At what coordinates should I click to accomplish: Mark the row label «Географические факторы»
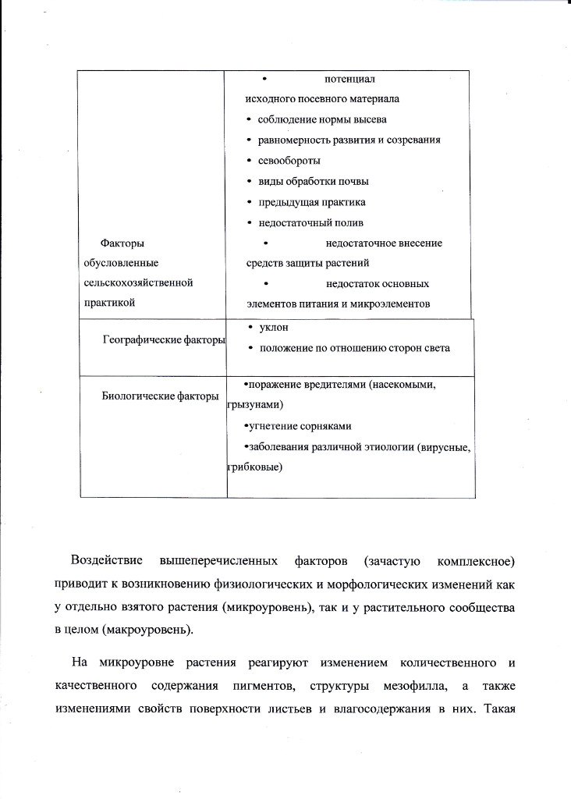click(165, 339)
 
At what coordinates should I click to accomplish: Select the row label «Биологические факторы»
click(160, 396)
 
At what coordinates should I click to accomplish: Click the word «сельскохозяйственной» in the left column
click(137, 282)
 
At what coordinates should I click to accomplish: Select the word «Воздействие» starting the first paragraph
click(106, 561)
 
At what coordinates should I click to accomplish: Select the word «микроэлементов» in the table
click(395, 303)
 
